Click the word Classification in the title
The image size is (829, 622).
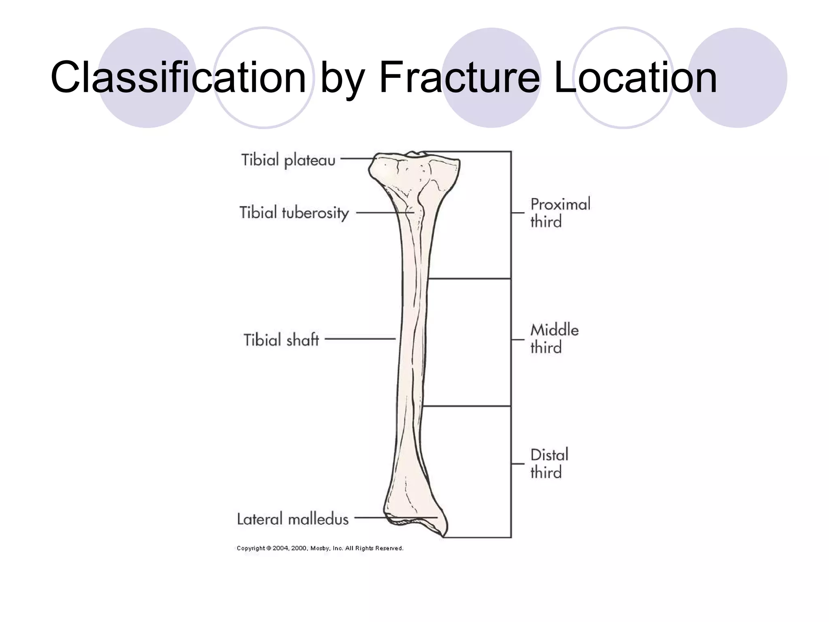[178, 77]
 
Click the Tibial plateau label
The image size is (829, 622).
[288, 160]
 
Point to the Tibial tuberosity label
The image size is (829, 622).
[294, 213]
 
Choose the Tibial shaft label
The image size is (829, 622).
[281, 340]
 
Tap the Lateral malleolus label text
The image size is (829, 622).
[293, 519]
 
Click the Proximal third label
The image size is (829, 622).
[560, 213]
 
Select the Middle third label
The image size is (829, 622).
[554, 339]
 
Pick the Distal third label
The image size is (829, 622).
[549, 464]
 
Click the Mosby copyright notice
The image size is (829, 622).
[320, 548]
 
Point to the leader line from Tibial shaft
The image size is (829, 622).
[360, 339]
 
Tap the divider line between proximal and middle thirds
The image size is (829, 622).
[470, 279]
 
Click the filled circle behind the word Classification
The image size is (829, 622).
[147, 45]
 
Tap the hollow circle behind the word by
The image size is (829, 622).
[264, 40]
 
